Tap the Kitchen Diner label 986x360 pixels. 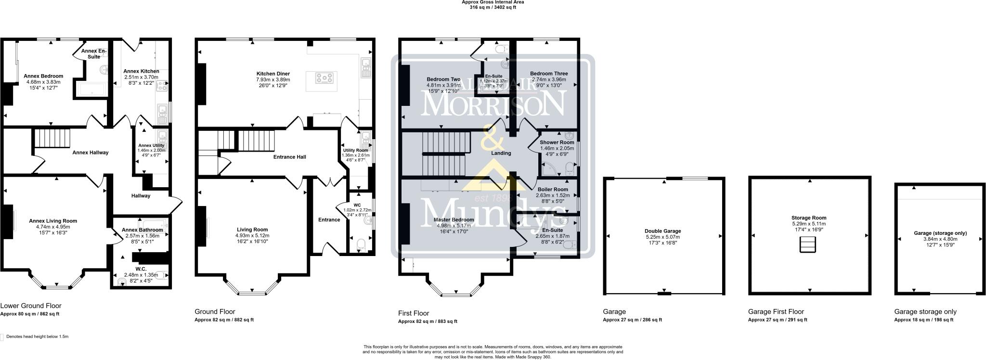tap(272, 74)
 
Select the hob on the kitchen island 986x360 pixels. tap(324, 77)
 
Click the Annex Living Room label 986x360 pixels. tap(52, 221)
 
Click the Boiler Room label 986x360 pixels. tap(552, 190)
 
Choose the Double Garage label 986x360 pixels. tap(663, 231)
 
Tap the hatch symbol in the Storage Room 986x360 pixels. tap(808, 245)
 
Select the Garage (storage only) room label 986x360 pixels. tap(934, 233)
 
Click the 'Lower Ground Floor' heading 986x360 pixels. tap(31, 306)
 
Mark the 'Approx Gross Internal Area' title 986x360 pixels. tap(493, 2)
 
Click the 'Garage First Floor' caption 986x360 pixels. tap(776, 311)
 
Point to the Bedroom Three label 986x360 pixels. tap(549, 74)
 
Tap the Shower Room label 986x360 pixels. tap(557, 142)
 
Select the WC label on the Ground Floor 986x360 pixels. tap(357, 205)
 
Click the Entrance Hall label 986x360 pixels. tap(289, 157)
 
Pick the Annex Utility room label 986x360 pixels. tap(151, 145)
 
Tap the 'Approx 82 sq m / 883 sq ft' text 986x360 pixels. tap(428, 321)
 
